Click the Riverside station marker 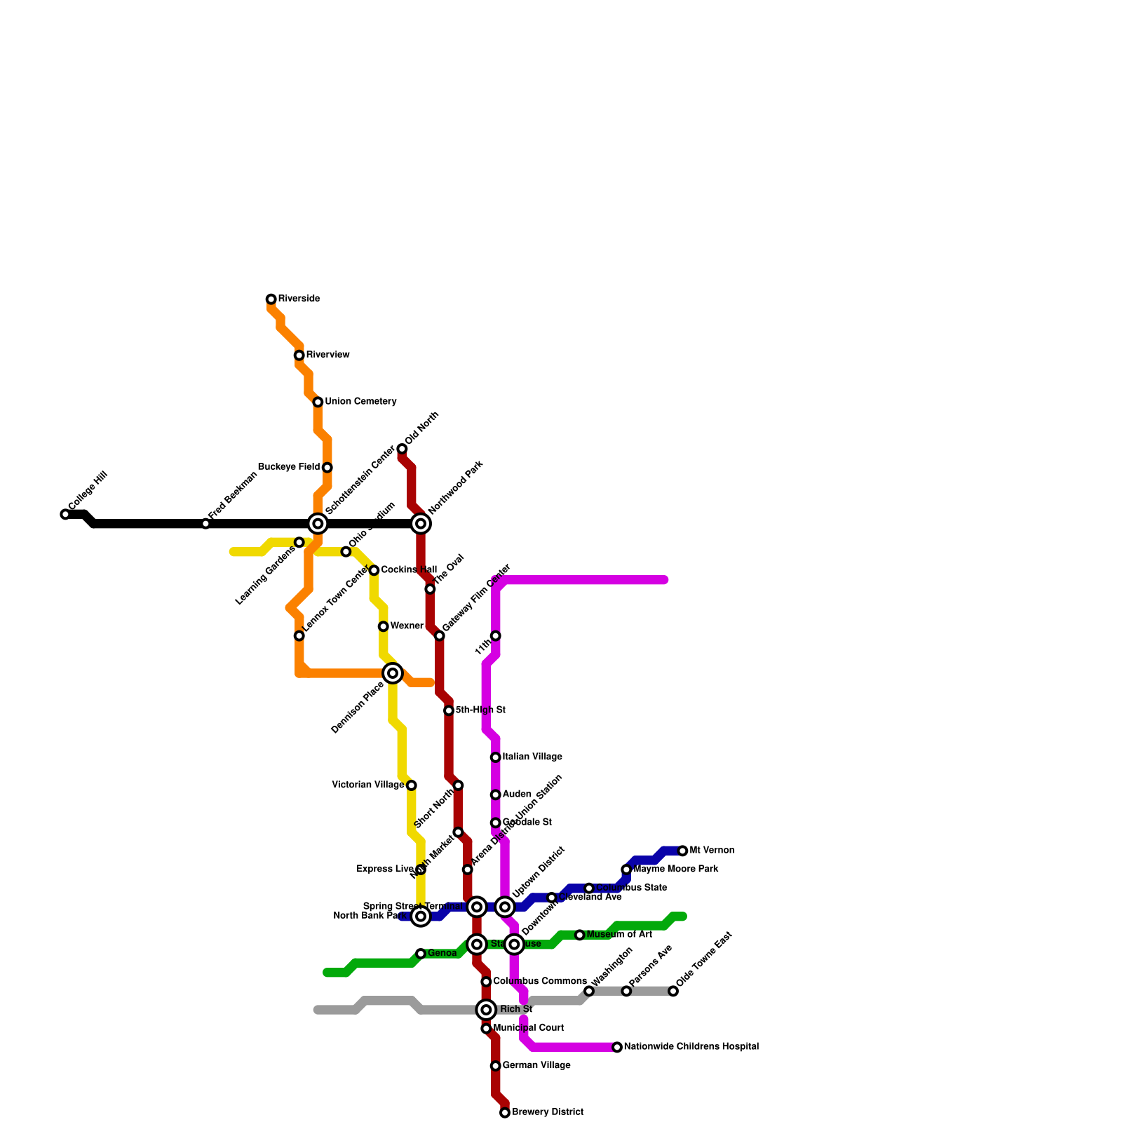point(271,299)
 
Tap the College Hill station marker point(65,515)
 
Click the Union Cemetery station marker point(318,402)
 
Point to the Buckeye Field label point(289,467)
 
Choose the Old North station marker point(402,449)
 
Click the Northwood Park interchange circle point(421,524)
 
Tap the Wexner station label point(407,626)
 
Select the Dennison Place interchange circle point(393,673)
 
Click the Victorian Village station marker point(412,785)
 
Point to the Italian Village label point(532,757)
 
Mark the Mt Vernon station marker point(683,851)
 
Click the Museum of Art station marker point(579,935)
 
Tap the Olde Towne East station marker point(673,991)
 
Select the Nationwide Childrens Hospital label point(691,1047)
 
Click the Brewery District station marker point(505,1113)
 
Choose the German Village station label point(536,1066)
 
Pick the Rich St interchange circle point(486,1010)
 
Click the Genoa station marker point(421,954)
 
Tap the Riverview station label point(327,355)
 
